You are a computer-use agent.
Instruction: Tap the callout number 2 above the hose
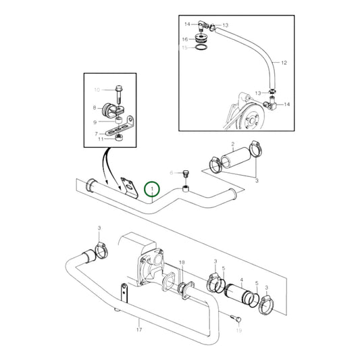233,145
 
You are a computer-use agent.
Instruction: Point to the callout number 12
284,62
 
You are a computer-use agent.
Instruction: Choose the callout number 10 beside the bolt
95,89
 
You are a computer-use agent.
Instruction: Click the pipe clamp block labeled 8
111,110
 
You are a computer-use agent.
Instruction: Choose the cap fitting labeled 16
201,37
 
